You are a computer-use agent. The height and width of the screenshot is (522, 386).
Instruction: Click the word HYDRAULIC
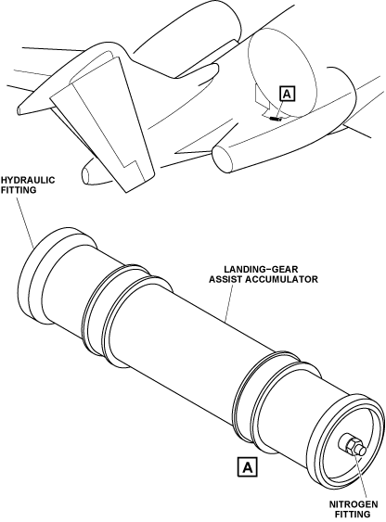[28, 180]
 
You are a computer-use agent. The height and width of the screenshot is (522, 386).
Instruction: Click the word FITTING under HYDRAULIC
[19, 190]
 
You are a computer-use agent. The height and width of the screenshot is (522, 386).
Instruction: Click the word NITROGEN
[354, 504]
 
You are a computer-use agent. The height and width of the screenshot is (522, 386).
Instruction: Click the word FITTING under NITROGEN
[353, 515]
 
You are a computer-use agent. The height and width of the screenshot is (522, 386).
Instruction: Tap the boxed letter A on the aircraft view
[288, 94]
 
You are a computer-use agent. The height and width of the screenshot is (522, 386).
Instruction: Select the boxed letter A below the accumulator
[248, 467]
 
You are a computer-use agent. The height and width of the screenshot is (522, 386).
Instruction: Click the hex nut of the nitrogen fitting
[352, 445]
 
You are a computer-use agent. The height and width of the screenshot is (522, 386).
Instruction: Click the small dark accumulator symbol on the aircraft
[276, 118]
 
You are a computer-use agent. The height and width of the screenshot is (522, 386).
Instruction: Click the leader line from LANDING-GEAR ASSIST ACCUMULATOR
[229, 303]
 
